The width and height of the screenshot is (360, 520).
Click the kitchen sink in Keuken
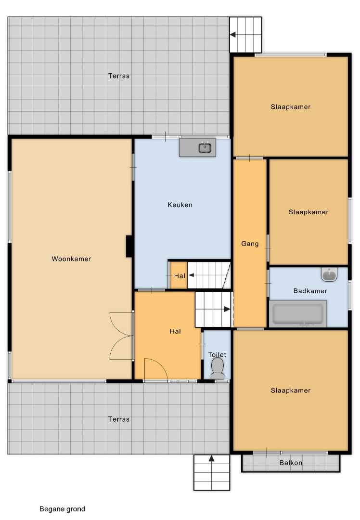pos(205,148)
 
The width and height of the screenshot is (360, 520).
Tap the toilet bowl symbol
pos(218,368)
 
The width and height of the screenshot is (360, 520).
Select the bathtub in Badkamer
pos(298,313)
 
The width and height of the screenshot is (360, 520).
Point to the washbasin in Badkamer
pos(329,274)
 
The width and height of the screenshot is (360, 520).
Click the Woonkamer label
pos(71,259)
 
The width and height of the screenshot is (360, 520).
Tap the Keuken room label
pos(180,205)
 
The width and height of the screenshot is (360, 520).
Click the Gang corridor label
pos(250,244)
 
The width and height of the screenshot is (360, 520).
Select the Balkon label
pos(291,463)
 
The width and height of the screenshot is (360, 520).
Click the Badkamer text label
pos(310,291)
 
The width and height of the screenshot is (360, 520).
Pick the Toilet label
pos(217,354)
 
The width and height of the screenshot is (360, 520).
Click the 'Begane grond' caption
pos(62,509)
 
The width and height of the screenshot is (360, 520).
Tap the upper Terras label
pos(119,76)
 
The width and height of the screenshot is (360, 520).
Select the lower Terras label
pos(119,419)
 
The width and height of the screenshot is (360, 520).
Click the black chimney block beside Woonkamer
pos(129,246)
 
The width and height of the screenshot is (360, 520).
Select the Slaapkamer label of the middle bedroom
pos(309,212)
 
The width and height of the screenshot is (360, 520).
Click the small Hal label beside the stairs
pos(180,275)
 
